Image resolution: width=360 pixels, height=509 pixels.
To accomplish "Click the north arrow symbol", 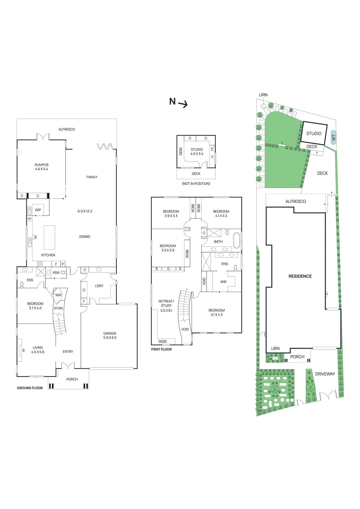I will point(178,102).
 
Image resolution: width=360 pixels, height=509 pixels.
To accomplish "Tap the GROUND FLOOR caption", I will point(30,388).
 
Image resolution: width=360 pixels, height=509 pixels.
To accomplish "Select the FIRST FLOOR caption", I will point(161,349).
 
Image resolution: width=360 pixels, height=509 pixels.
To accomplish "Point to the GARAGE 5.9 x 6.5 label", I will point(110,336).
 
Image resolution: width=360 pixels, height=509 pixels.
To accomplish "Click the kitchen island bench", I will point(49,237).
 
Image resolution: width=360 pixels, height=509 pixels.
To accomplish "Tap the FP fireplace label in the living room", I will point(24,350).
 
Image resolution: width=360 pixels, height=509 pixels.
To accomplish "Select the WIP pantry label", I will point(38,210).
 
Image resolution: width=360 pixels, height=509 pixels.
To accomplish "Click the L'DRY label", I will point(99,286).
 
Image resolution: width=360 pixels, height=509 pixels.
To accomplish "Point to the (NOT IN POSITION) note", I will point(196,184).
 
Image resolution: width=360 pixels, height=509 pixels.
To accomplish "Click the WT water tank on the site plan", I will point(334,138).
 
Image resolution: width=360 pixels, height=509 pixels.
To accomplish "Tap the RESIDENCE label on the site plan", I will point(300,276).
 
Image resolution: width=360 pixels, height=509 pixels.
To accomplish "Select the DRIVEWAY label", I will point(325,374).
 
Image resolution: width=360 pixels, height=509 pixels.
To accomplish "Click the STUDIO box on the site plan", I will point(314,133).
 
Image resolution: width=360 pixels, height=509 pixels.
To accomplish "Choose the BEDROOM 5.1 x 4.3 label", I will point(217,312).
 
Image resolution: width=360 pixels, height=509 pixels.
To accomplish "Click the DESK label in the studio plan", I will point(181,151).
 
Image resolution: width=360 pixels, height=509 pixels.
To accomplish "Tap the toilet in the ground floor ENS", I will point(22,284).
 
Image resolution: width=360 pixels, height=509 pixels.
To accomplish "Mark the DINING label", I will point(85,237).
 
